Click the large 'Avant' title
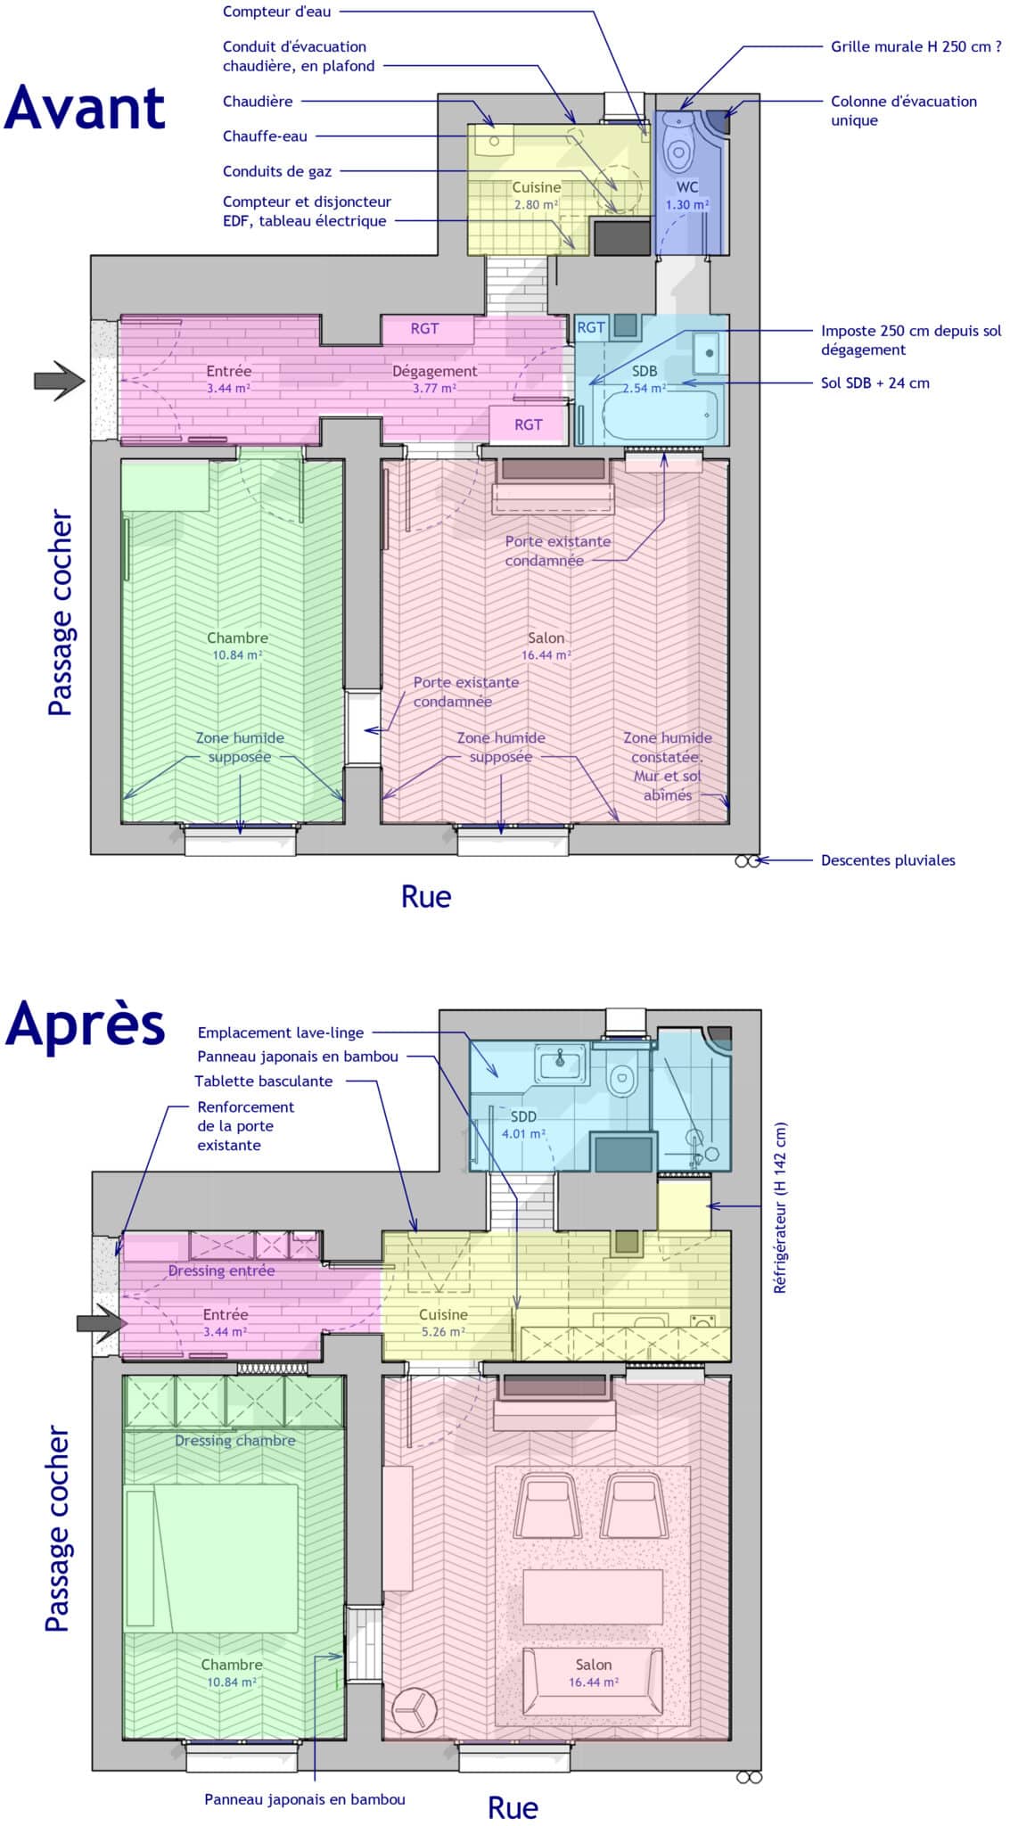tap(85, 109)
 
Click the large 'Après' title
tap(86, 1025)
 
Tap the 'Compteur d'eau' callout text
tap(276, 12)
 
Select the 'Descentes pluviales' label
tap(887, 860)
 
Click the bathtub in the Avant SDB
tap(660, 415)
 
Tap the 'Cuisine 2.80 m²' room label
tap(536, 195)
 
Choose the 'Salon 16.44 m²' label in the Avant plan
tap(546, 646)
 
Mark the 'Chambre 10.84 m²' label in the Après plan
tap(232, 1673)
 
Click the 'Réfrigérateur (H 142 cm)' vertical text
tap(780, 1207)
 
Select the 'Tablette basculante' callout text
tap(264, 1081)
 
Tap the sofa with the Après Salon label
tap(593, 1681)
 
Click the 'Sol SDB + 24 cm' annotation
tap(875, 383)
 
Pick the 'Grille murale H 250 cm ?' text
tap(916, 46)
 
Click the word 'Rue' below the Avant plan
tap(426, 896)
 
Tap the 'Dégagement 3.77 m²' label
tap(435, 379)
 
